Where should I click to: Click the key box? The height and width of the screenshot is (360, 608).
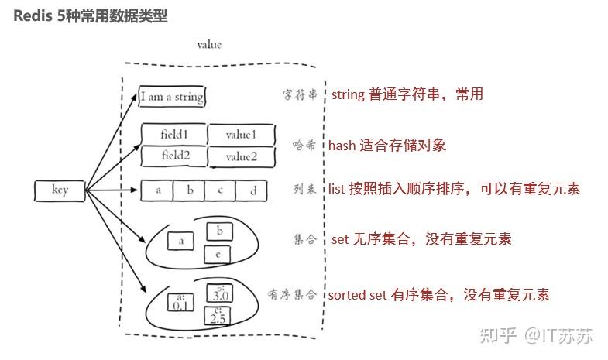60,190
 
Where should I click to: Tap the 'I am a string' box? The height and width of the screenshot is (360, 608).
172,97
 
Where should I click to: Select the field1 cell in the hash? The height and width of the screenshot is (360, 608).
173,134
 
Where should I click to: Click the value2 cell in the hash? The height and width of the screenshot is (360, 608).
241,156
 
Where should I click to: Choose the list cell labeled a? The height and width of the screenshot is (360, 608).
157,190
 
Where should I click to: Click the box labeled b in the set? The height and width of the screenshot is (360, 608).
219,231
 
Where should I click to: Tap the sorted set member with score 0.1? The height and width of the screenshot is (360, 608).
182,302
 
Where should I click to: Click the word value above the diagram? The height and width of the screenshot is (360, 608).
209,45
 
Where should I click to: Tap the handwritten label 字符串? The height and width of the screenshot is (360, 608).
300,95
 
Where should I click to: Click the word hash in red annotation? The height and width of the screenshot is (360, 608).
342,145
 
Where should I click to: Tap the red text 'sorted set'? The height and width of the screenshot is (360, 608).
357,294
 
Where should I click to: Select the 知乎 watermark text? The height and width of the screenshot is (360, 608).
498,336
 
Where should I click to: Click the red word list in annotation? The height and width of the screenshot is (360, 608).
336,189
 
